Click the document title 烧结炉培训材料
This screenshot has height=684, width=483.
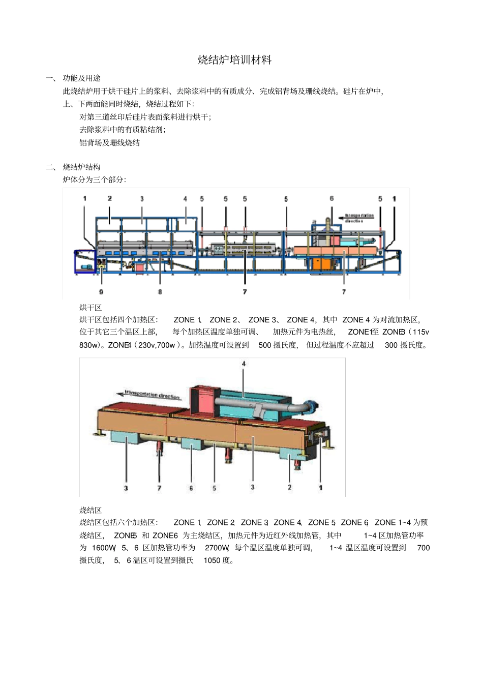234,60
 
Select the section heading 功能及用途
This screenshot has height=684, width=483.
81,78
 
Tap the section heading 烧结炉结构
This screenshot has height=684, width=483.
81,167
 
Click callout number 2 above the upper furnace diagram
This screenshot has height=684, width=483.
110,198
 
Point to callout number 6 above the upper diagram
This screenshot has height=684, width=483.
331,198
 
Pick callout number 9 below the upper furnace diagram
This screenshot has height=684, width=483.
101,291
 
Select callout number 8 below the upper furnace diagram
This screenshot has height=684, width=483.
160,291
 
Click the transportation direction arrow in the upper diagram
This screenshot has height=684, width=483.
358,216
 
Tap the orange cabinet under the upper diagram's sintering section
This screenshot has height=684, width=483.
321,263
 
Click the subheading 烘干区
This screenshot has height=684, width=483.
90,307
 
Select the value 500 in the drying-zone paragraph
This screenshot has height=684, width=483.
265,345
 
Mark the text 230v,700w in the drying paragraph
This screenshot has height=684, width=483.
157,345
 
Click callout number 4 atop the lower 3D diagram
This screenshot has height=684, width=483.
244,364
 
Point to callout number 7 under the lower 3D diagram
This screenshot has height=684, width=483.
159,488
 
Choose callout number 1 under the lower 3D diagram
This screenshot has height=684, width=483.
320,487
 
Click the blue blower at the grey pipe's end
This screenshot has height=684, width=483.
311,406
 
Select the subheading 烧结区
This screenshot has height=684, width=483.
90,510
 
